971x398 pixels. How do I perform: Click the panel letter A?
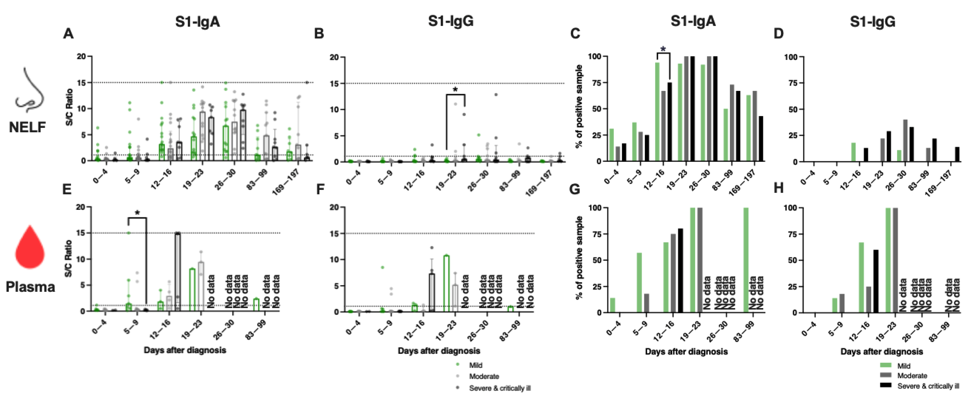click(x=68, y=34)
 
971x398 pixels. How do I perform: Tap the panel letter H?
click(x=778, y=188)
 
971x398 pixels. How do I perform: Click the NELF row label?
click(x=27, y=127)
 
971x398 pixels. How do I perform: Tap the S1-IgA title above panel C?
click(x=693, y=22)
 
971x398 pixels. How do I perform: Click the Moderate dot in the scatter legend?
click(x=458, y=376)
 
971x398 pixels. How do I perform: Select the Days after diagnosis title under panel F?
click(x=439, y=351)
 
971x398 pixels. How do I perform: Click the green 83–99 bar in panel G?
click(x=745, y=260)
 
